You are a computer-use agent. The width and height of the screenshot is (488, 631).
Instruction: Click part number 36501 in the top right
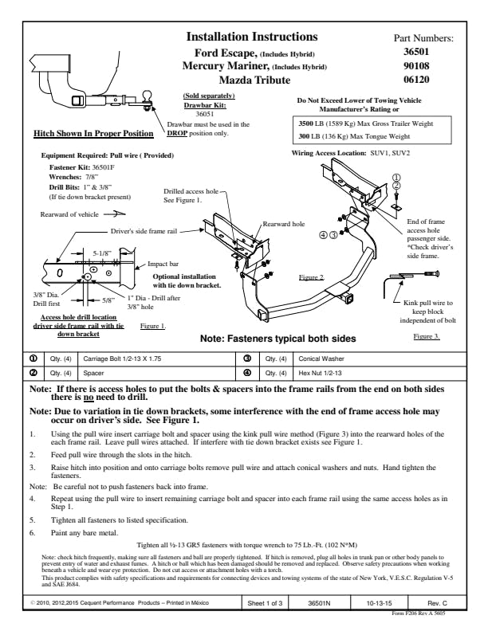[x=416, y=52]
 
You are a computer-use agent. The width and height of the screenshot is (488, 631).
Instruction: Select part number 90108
[x=416, y=65]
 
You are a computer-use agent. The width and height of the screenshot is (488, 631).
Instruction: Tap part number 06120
[x=416, y=80]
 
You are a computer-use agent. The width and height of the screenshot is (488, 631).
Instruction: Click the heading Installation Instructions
[x=252, y=37]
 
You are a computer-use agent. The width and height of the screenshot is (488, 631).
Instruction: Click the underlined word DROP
[x=177, y=133]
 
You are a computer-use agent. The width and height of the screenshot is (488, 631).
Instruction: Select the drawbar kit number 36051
[x=205, y=114]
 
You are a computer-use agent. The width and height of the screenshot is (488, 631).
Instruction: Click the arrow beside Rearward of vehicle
[x=115, y=214]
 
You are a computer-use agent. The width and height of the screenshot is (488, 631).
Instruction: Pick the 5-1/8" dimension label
[x=102, y=253]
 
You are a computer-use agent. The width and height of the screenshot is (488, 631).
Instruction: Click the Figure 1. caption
[x=152, y=326]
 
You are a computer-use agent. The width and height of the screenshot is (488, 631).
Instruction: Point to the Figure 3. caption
[x=427, y=336]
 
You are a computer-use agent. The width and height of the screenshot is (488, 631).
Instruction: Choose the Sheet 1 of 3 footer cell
[x=265, y=603]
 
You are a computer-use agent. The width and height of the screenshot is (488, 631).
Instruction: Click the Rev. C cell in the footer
[x=437, y=603]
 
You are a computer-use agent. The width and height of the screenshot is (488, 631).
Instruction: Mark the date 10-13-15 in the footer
[x=379, y=603]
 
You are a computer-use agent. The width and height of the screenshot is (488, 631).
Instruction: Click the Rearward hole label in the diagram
[x=283, y=224]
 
